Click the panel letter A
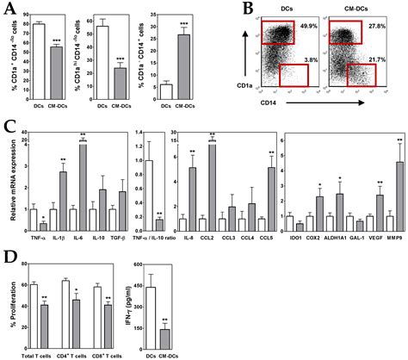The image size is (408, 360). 9,8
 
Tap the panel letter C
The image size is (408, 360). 9,122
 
